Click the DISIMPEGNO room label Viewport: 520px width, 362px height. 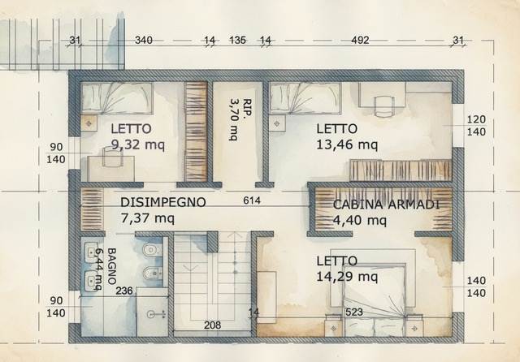pos(162,202)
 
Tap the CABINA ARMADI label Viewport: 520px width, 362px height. pos(386,205)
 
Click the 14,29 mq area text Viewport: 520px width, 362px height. pos(347,277)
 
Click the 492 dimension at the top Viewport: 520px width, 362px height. pos(360,40)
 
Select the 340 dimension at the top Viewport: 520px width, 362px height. pos(143,40)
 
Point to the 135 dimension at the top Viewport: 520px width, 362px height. pos(237,40)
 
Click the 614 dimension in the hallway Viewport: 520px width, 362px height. pos(250,201)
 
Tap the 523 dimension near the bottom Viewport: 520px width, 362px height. pos(354,311)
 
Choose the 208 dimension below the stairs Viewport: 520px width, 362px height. pos(213,325)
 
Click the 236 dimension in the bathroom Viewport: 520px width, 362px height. pos(124,291)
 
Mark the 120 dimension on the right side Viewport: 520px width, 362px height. pos(475,119)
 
